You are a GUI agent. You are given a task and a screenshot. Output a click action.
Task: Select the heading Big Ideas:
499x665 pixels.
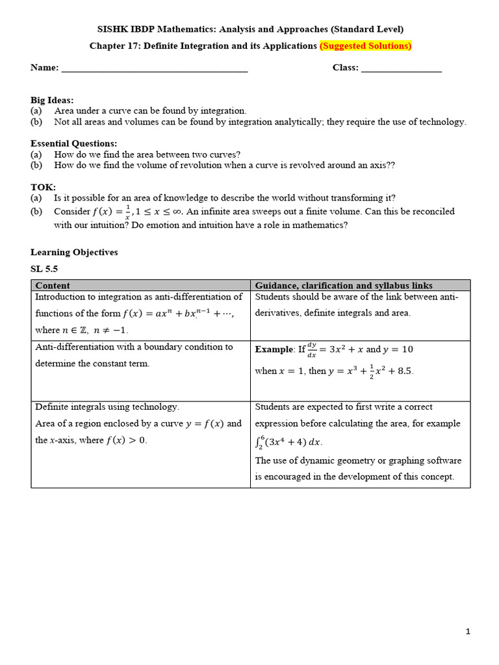click(x=52, y=100)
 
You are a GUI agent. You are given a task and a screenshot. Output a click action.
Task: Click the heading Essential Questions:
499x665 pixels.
click(x=73, y=144)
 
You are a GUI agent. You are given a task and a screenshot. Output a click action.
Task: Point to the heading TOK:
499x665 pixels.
click(x=44, y=187)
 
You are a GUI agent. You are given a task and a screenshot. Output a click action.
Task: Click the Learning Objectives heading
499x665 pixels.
click(x=74, y=252)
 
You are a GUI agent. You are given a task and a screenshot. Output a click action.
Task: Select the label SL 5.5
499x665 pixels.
click(x=44, y=269)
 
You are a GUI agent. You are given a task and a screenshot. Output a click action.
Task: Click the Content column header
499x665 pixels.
click(x=53, y=286)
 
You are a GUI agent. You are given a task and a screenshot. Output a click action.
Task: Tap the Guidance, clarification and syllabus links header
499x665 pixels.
click(x=344, y=286)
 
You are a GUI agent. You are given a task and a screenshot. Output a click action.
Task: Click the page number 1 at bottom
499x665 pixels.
click(x=467, y=631)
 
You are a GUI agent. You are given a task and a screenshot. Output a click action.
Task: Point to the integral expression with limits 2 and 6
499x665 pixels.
click(x=288, y=442)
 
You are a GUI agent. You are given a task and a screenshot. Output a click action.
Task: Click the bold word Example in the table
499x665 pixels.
click(x=274, y=349)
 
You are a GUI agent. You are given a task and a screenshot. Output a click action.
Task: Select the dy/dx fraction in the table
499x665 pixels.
click(x=312, y=349)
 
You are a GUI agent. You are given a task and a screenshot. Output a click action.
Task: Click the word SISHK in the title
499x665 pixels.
click(x=112, y=29)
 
